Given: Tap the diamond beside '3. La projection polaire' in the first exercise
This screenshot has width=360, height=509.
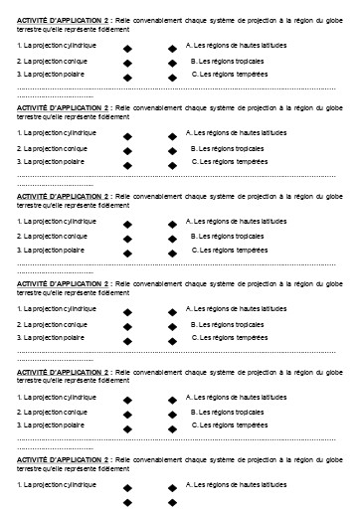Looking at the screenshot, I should click(126, 76).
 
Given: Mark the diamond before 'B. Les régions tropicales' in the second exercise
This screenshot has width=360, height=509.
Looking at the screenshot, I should click(172, 149).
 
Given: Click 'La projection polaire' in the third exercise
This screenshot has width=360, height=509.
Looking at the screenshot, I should click(51, 250).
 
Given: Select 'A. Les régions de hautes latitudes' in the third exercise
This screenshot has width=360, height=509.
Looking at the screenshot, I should click(238, 221).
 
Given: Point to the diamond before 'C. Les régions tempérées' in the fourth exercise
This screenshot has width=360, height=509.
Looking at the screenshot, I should click(172, 340).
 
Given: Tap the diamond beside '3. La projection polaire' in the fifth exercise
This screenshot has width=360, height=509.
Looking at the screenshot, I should click(126, 426).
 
